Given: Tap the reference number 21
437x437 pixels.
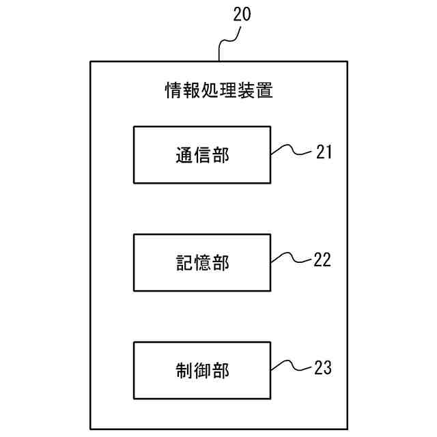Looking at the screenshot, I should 324,152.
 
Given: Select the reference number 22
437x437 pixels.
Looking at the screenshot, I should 322,259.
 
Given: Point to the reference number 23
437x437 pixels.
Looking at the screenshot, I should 323,368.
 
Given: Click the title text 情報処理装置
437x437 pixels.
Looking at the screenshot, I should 219,90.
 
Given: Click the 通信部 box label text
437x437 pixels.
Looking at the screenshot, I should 201,155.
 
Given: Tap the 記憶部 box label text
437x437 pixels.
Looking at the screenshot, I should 201,263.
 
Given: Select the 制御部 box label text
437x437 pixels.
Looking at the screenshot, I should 201,371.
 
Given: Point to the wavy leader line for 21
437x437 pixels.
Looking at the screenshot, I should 292,151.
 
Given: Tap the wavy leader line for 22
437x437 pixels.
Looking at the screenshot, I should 292,259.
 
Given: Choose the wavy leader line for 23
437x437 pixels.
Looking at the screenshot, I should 292,367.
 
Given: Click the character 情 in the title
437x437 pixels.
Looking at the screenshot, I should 174,90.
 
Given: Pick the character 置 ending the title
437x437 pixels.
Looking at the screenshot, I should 264,90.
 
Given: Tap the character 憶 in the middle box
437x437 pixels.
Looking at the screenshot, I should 201,263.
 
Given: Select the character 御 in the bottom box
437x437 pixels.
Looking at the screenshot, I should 201,371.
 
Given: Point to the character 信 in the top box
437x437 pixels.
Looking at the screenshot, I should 201,155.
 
